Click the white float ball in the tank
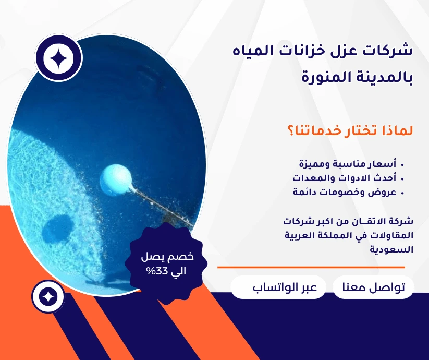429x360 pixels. click(116, 180)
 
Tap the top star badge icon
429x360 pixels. click(58, 58)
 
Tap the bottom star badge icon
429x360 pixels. click(48, 297)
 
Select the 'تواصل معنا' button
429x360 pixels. click(373, 287)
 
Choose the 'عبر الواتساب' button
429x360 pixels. click(278, 287)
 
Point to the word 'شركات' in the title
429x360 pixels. click(388, 51)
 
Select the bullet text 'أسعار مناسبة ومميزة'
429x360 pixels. click(348, 164)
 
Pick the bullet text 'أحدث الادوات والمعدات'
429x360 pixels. click(344, 178)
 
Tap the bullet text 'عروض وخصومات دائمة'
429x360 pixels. click(345, 192)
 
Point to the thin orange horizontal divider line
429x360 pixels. click(311, 267)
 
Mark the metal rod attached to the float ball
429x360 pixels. click(163, 207)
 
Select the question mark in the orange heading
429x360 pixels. click(291, 131)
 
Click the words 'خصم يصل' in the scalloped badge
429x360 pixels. click(167, 257)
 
